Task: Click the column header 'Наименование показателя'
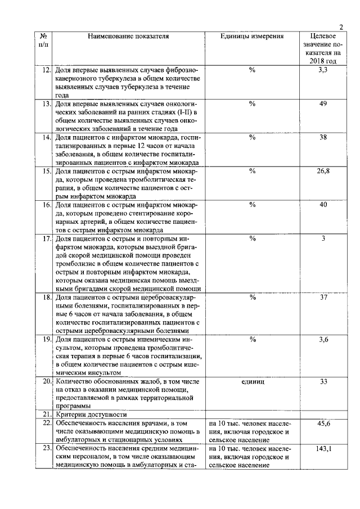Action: pos(129,37)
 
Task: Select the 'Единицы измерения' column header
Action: pos(252,37)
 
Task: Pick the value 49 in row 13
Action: pos(323,103)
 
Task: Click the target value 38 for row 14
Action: pos(323,137)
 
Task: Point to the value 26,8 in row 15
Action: pos(323,171)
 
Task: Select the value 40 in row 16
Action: pos(323,205)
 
